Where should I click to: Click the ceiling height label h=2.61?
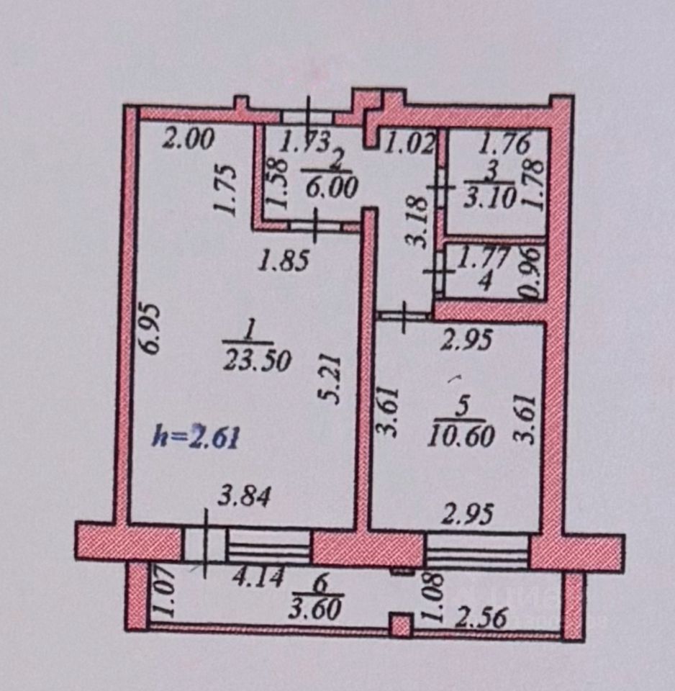click(196, 436)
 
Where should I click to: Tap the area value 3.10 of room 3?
click(491, 197)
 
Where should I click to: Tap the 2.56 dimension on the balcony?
click(483, 617)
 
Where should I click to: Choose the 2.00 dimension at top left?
click(188, 138)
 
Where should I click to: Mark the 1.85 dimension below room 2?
click(284, 260)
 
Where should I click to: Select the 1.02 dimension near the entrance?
click(408, 143)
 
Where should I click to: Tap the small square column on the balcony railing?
click(401, 624)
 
